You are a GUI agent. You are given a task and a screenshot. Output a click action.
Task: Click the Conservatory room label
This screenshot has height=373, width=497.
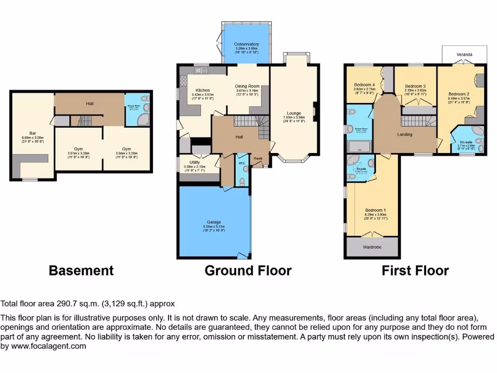click(247, 44)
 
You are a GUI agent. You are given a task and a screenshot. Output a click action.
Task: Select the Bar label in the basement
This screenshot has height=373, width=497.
click(33, 133)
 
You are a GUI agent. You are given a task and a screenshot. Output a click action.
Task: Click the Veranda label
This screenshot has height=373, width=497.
click(464, 55)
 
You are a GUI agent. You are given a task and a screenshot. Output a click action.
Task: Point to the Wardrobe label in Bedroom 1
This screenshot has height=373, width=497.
click(372, 247)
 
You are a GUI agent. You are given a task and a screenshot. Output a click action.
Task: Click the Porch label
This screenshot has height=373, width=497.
click(259, 158)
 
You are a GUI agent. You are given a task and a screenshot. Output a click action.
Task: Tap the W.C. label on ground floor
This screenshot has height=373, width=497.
click(241, 163)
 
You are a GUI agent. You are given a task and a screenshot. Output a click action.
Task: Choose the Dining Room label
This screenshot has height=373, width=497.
click(247, 86)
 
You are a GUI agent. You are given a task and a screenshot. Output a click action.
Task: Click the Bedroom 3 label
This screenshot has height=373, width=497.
click(415, 86)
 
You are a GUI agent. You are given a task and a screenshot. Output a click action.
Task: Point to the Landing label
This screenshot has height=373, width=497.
click(404, 135)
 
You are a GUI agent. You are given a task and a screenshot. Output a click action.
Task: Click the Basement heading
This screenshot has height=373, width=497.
click(81, 271)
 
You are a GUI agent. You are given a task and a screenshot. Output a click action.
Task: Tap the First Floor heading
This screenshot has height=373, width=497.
click(415, 271)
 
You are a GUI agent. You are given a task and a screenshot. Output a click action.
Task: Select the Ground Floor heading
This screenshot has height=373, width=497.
click(248, 271)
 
